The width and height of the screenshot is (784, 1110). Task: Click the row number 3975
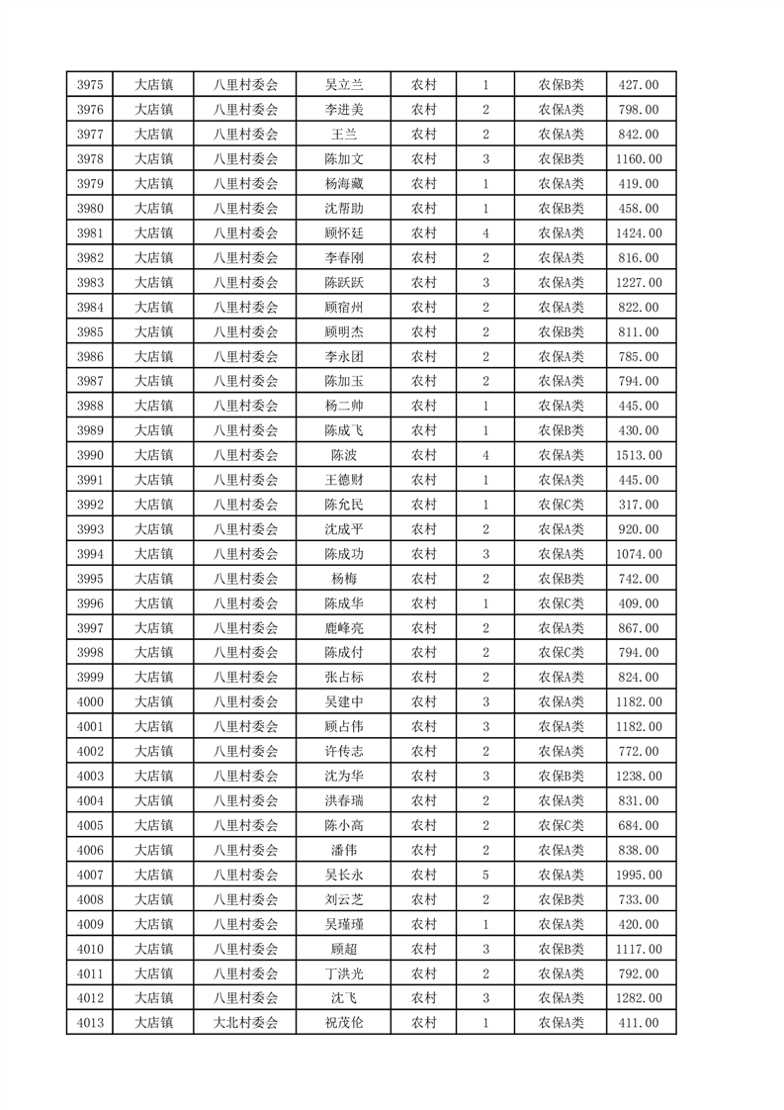click(89, 85)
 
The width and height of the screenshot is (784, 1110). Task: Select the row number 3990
click(89, 455)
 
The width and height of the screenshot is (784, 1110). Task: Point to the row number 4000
click(89, 702)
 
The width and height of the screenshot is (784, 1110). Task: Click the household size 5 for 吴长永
click(485, 875)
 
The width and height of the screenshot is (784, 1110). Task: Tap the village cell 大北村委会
click(246, 1023)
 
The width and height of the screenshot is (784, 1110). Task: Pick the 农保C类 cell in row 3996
click(561, 603)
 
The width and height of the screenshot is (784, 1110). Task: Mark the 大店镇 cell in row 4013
click(153, 1023)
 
